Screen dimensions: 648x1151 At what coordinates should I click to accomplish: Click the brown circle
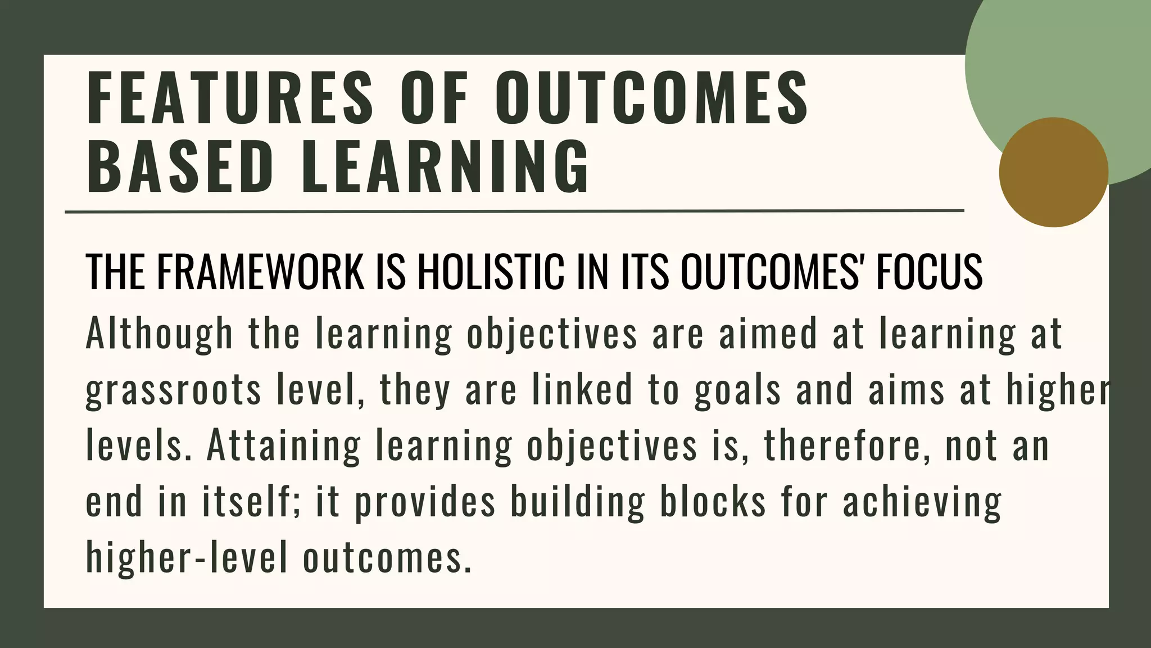(1053, 172)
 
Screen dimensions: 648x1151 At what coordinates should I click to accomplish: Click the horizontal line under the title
(514, 212)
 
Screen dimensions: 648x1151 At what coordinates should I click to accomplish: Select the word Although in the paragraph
(159, 334)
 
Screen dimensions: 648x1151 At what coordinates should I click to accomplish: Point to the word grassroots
(173, 390)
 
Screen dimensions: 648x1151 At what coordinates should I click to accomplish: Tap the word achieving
(922, 502)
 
